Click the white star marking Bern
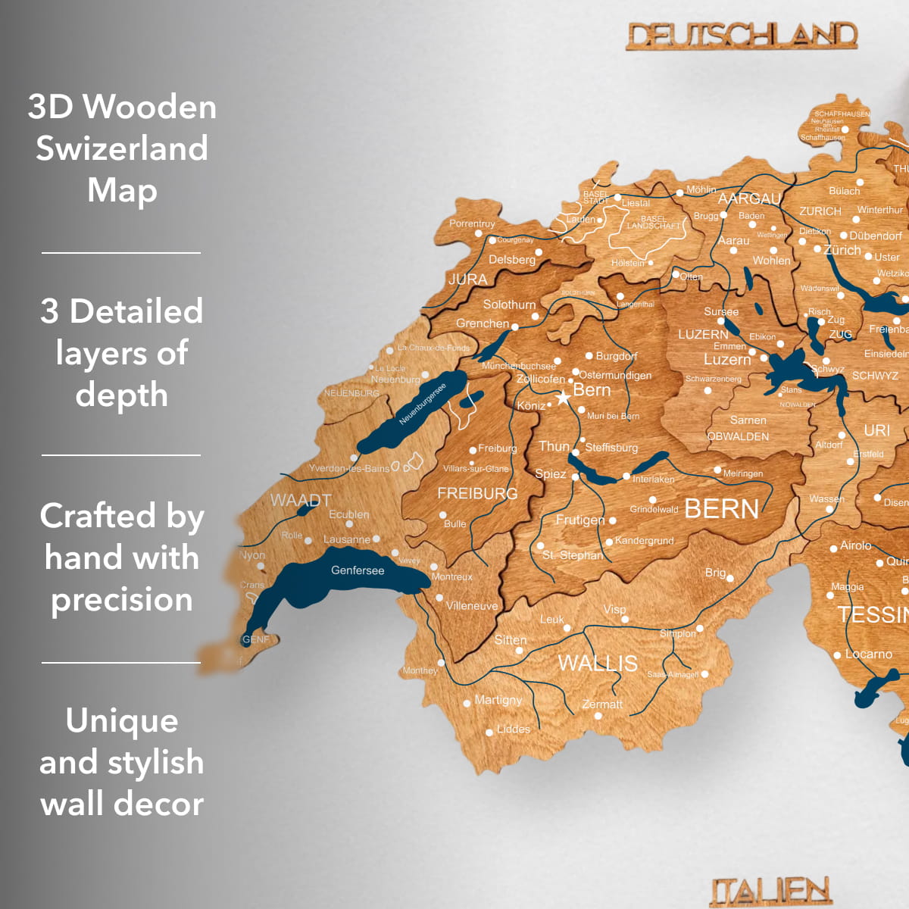[563, 398]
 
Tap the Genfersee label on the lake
[358, 570]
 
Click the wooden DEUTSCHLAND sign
[742, 36]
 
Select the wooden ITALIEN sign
[770, 891]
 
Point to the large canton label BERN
[721, 509]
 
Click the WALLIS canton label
[598, 664]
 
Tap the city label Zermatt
[602, 704]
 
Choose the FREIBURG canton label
[477, 494]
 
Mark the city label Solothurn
[509, 305]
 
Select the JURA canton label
[467, 279]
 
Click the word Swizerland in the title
[122, 148]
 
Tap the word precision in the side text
[122, 600]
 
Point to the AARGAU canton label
[749, 198]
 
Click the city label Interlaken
[653, 479]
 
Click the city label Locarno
[868, 654]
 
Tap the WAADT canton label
[301, 501]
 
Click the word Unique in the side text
[122, 720]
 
